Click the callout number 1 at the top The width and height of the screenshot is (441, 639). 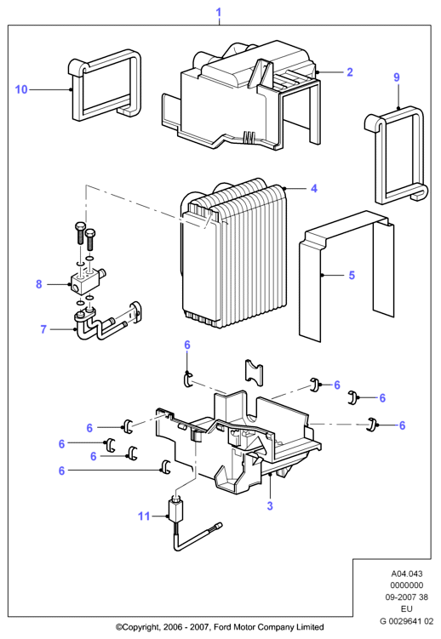[219, 12]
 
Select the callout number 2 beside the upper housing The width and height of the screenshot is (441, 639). [350, 72]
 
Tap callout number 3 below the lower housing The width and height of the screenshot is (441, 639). [270, 505]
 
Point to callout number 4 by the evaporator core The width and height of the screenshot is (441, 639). [314, 188]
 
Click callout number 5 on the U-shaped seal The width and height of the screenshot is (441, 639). [352, 275]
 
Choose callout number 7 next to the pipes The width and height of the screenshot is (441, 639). [43, 329]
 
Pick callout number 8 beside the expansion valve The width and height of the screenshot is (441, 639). [38, 284]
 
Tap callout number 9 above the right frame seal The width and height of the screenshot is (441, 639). [397, 77]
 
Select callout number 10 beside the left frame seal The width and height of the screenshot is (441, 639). [21, 89]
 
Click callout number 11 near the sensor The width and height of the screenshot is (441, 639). [144, 516]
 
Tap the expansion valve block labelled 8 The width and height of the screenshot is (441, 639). [87, 282]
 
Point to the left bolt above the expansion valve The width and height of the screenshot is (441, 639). [80, 233]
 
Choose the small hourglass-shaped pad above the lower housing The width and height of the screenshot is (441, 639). [254, 373]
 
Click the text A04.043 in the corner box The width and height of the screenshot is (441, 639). [407, 573]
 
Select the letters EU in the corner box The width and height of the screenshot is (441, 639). [407, 609]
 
